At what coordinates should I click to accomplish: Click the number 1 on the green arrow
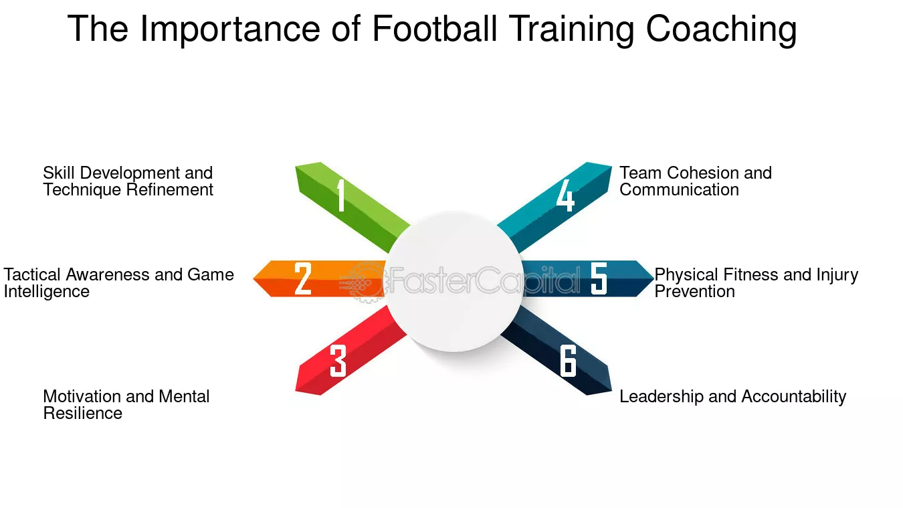tap(341, 195)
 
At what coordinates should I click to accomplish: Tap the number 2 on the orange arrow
tap(303, 278)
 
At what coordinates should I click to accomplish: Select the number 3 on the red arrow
tap(338, 361)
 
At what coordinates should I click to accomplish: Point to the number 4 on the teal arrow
tap(565, 195)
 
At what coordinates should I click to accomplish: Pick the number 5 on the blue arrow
tap(599, 278)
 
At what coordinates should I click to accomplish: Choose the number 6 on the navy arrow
tap(568, 361)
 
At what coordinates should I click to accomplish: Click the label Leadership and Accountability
tap(732, 397)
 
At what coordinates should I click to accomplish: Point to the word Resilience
tap(83, 414)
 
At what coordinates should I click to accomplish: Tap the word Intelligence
tap(47, 292)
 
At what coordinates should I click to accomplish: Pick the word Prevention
tap(694, 292)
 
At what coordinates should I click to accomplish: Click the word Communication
tap(679, 190)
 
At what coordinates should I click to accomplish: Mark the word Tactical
tap(32, 275)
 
